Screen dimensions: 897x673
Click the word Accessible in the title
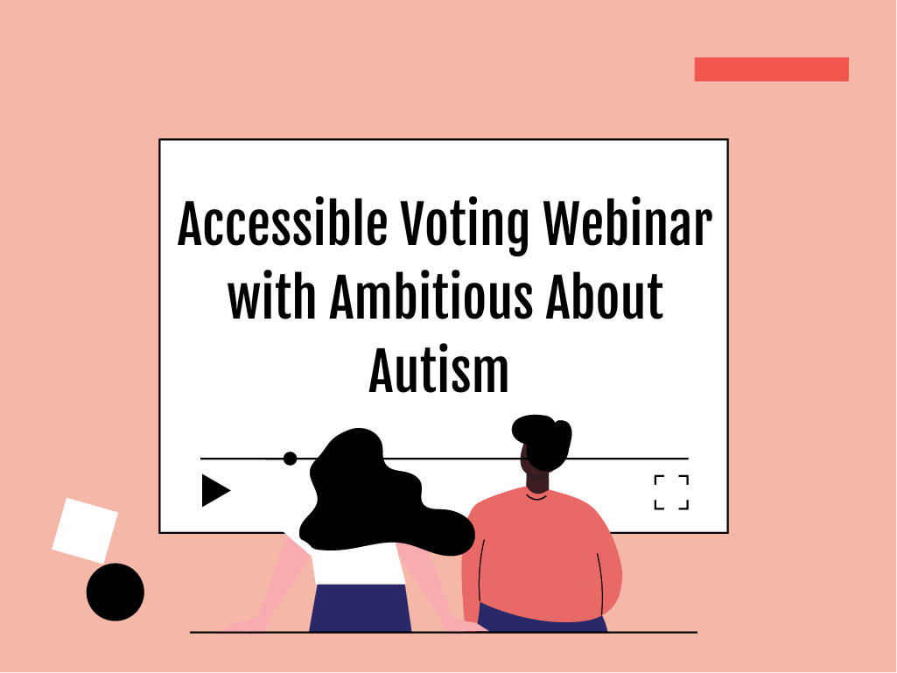(x=283, y=223)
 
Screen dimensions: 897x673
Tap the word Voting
(x=465, y=226)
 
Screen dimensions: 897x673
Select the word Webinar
(x=627, y=223)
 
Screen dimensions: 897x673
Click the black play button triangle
(x=215, y=490)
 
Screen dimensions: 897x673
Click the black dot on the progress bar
(x=290, y=459)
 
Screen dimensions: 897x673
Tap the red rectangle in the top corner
(x=771, y=69)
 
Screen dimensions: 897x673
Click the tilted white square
(x=85, y=530)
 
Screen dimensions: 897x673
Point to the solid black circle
(x=115, y=592)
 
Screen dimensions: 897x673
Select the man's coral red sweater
(x=541, y=555)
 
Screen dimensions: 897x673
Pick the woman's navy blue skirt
(x=360, y=607)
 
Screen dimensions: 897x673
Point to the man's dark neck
(x=536, y=480)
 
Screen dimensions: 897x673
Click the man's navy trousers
(x=541, y=620)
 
